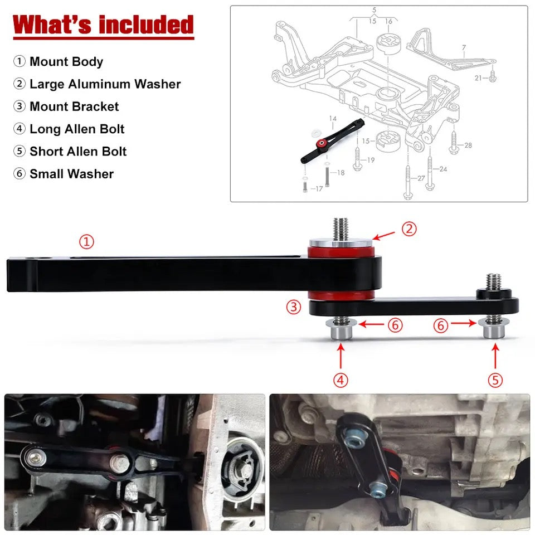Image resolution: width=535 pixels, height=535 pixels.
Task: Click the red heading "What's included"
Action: [103, 25]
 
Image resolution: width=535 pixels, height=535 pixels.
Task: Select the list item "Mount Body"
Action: [66, 61]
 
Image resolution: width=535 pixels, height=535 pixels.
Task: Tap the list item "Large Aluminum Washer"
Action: [105, 84]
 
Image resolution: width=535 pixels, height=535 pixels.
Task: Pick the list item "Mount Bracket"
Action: [74, 106]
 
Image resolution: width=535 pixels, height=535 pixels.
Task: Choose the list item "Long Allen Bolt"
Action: [76, 129]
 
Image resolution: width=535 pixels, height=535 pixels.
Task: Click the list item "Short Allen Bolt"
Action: [77, 152]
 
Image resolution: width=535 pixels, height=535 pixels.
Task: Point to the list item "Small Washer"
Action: [71, 174]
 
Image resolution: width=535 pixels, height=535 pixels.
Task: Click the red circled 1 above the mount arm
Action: [86, 242]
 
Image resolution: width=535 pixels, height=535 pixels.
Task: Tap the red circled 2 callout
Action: [409, 228]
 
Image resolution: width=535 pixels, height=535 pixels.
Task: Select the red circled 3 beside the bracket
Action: [295, 306]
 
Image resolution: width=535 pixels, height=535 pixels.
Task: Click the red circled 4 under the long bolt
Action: [341, 380]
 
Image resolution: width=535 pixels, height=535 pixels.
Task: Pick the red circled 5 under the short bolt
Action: [495, 380]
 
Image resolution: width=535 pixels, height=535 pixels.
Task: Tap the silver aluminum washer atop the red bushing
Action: [342, 244]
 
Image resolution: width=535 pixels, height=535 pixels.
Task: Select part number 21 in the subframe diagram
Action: [478, 78]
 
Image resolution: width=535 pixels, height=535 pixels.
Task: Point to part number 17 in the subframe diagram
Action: [318, 189]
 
